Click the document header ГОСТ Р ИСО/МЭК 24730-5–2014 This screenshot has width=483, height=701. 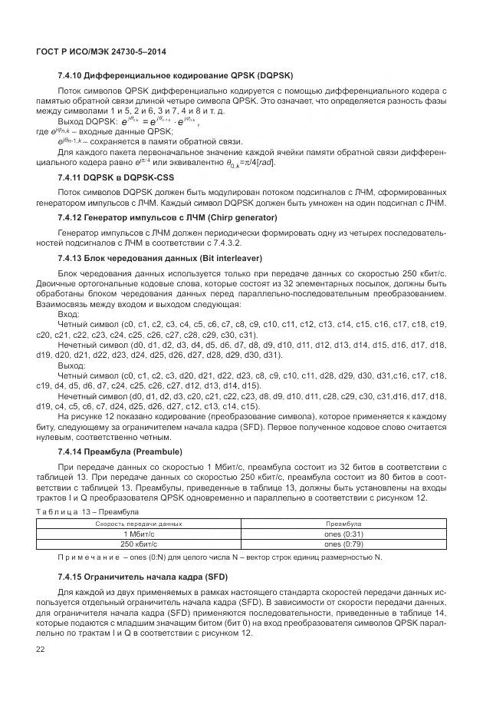tap(101, 51)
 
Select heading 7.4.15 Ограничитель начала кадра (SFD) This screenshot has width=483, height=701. tap(153, 577)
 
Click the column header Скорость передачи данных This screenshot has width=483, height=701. tap(139, 523)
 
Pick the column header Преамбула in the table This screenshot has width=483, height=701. tap(343, 523)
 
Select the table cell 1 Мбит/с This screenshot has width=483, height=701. tap(139, 533)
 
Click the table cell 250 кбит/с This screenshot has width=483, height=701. tap(139, 543)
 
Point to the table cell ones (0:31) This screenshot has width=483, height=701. tap(343, 533)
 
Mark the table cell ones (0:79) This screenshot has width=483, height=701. tap(343, 543)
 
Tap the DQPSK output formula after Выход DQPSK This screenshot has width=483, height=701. tap(159, 121)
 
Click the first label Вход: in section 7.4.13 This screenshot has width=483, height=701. tap(68, 314)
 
